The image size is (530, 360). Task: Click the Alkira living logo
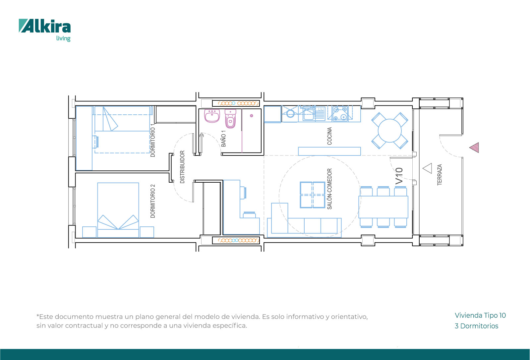click(x=45, y=30)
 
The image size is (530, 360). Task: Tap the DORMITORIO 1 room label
click(x=153, y=140)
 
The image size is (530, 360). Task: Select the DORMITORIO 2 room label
click(x=153, y=201)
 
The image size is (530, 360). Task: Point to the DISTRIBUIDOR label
click(x=182, y=167)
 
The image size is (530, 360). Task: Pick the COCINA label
click(x=329, y=136)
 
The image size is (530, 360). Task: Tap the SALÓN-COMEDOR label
click(x=329, y=189)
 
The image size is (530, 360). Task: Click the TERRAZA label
click(x=440, y=175)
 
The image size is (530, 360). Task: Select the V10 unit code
click(x=399, y=176)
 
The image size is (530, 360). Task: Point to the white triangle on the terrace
click(x=428, y=168)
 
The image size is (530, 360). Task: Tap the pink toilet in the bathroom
click(x=230, y=119)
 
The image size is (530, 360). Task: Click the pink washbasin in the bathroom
click(x=212, y=116)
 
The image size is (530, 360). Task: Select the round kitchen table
click(x=390, y=131)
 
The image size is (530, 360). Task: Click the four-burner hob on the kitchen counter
click(x=340, y=113)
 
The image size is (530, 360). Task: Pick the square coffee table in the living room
click(x=313, y=195)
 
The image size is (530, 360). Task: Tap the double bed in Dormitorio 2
click(x=118, y=210)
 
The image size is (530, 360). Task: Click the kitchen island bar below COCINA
click(x=329, y=151)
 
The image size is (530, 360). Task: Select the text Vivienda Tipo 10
click(x=480, y=315)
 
